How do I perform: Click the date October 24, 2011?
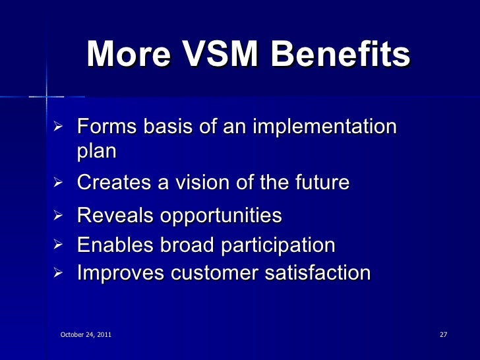point(86,336)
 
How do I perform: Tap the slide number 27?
point(443,336)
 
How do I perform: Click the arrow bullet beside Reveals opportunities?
point(57,215)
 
